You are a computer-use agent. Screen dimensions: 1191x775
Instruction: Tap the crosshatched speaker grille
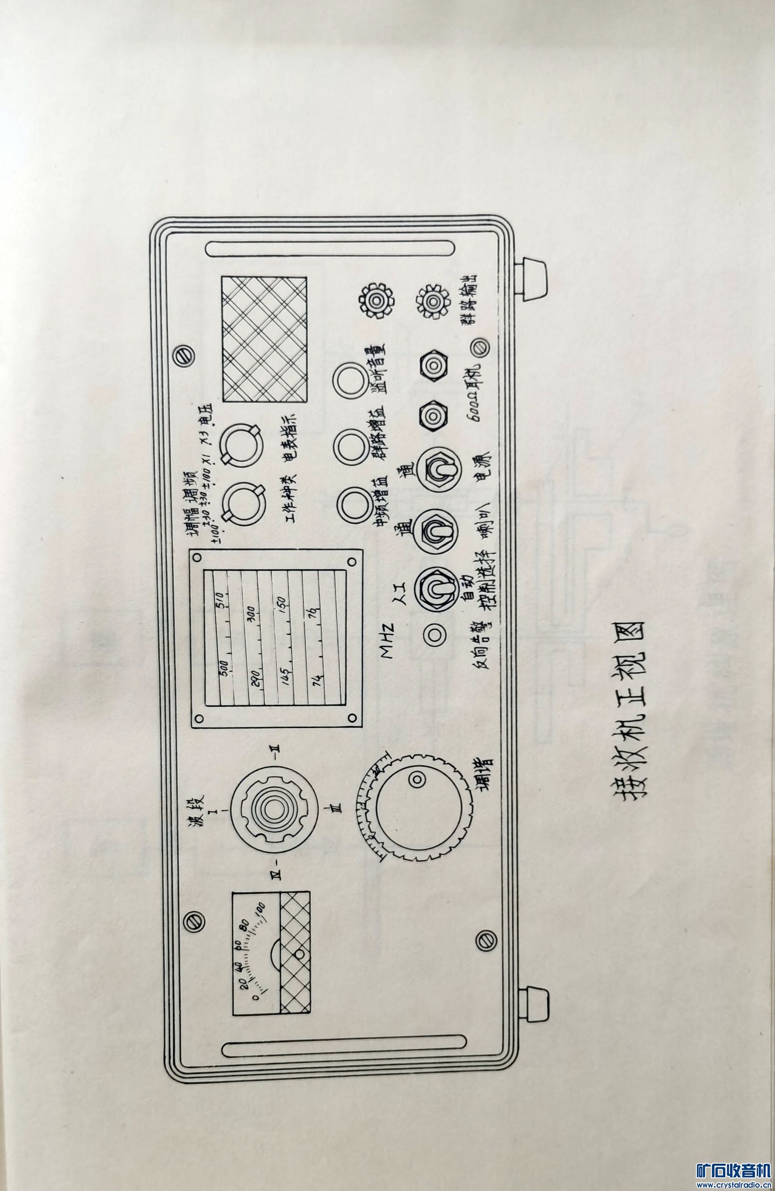pos(264,340)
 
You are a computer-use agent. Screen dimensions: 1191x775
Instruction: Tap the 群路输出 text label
pos(470,301)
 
